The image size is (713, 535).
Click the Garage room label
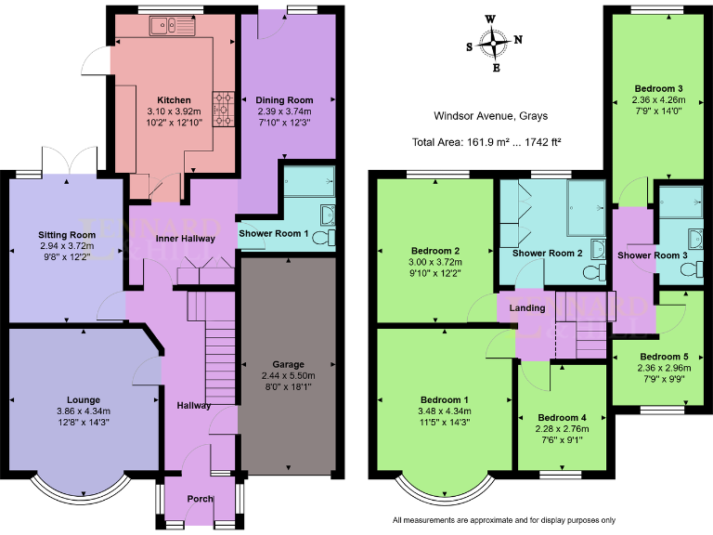pos(288,364)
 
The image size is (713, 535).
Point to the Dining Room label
pos(285,99)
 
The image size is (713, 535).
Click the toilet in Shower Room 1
pos(321,240)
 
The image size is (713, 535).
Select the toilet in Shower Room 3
pos(688,269)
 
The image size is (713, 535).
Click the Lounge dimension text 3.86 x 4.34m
pos(83,411)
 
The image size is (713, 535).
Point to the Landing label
pos(528,308)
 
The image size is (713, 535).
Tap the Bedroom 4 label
pos(563,417)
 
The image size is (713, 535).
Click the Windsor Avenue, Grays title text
pos(490,116)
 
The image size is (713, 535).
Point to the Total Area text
pos(486,142)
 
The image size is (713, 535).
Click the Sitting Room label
pos(67,236)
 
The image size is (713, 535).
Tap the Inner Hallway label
pos(186,239)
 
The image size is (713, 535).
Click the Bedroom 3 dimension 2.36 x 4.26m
pos(654,100)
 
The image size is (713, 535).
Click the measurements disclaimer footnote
pos(504,520)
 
